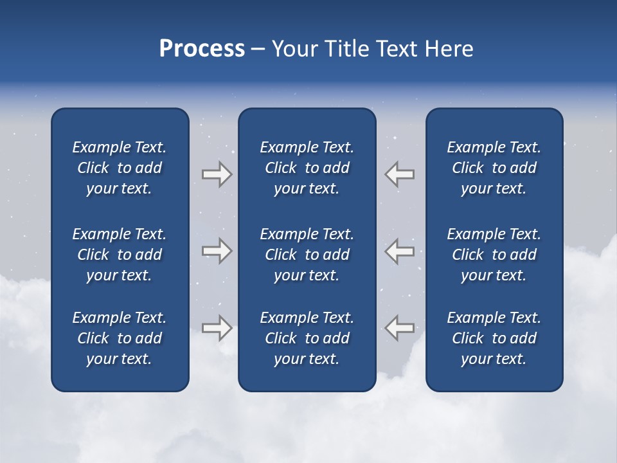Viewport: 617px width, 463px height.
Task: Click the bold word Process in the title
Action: (202, 49)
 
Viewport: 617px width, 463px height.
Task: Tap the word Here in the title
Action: (449, 49)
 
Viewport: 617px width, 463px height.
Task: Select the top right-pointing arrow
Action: (217, 174)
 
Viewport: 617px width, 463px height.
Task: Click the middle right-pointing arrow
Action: (217, 250)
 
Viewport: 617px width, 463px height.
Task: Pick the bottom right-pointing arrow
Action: (217, 328)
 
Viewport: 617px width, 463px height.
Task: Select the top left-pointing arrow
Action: (400, 174)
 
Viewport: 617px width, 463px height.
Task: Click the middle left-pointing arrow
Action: (400, 250)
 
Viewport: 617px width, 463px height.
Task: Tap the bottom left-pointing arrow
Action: (400, 328)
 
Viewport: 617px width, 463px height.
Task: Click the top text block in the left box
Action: (120, 168)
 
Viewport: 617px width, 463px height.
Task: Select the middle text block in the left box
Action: (120, 255)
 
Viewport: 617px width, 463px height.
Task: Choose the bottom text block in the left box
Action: (120, 338)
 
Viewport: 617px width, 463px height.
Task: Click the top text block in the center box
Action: (307, 168)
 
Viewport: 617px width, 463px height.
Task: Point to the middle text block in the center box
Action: (307, 255)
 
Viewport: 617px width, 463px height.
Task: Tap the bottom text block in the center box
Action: (307, 338)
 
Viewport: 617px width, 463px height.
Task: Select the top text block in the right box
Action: (494, 168)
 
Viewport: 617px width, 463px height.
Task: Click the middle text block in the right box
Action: (494, 255)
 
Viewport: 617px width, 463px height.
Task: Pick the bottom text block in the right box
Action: (494, 338)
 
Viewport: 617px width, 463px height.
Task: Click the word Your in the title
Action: (294, 49)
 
